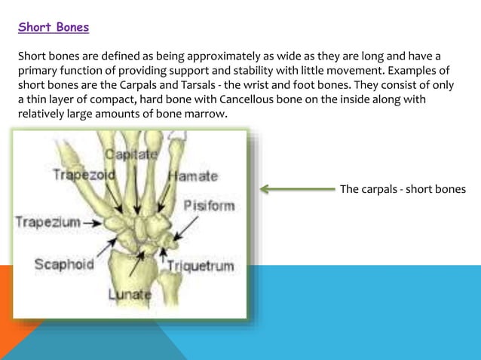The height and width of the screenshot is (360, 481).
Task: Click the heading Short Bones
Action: click(54, 28)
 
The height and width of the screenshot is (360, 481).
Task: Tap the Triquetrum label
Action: click(200, 266)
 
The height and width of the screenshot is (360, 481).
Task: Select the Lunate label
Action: click(128, 296)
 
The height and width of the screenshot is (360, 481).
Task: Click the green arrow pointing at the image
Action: click(295, 188)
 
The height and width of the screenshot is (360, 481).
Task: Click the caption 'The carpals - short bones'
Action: click(403, 188)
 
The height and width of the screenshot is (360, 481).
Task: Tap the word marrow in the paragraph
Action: click(205, 114)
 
